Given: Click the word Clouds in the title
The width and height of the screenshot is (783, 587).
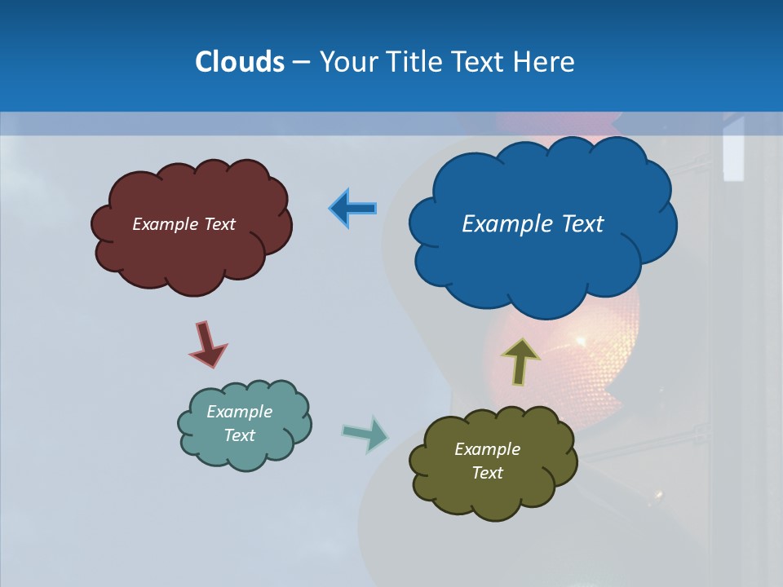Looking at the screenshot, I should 239,62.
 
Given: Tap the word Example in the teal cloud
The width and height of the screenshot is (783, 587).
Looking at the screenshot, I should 240,412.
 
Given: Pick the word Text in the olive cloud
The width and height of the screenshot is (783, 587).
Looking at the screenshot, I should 488,473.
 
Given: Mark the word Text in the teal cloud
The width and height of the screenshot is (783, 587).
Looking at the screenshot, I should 240,435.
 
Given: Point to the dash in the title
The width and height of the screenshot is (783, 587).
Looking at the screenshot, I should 301,62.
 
